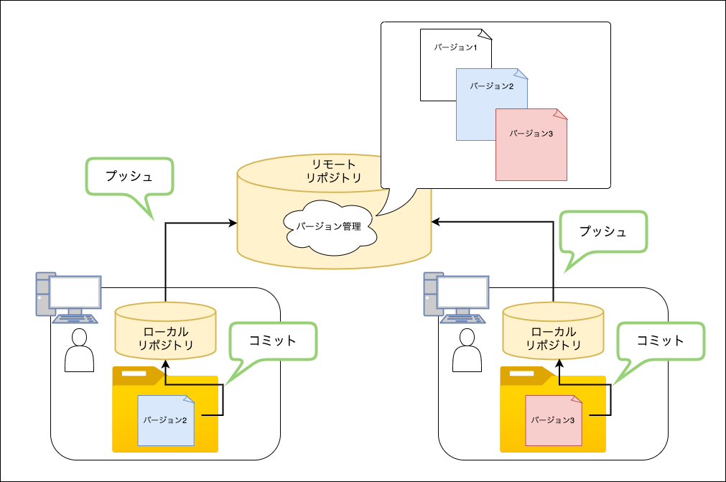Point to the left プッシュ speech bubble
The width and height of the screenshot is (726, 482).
129,177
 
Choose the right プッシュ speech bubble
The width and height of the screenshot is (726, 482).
603,232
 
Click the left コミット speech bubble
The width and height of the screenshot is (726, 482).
272,341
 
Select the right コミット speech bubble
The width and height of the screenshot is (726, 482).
660,340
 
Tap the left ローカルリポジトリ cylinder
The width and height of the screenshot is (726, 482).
166,330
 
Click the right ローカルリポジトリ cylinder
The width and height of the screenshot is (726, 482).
554,330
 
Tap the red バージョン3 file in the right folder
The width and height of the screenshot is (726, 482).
554,421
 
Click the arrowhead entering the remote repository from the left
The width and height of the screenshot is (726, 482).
233,223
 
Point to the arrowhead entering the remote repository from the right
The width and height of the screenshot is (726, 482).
436,223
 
